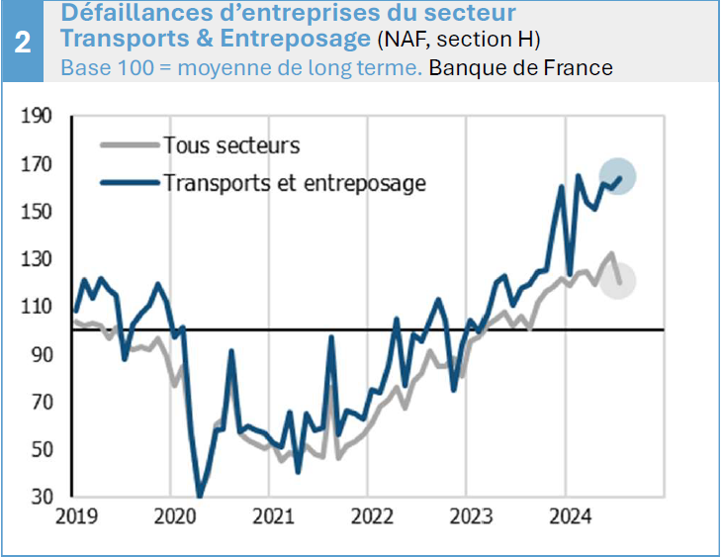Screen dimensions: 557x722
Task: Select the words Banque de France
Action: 520,68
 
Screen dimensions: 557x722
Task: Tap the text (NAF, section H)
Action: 458,41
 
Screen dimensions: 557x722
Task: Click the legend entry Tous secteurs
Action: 230,145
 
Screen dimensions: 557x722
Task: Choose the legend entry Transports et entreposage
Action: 294,182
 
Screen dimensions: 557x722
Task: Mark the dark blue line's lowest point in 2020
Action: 201,497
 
